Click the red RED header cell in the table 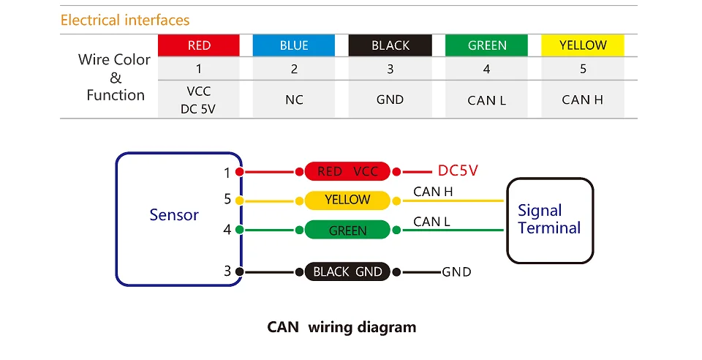tap(199, 45)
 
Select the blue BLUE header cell tap(294, 45)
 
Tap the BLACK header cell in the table tap(390, 45)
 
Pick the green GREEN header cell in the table tap(487, 45)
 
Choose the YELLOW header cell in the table tap(583, 45)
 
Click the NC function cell tap(294, 100)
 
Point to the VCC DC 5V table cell tap(199, 100)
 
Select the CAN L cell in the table tap(487, 100)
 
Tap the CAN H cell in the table tap(583, 100)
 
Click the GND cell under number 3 tap(390, 100)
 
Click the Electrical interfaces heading tap(125, 20)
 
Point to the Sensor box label tap(174, 215)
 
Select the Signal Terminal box tap(549, 220)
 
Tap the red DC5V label tap(458, 171)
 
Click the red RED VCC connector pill tap(348, 172)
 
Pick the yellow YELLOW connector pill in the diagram tap(348, 200)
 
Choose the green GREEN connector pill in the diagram tap(348, 230)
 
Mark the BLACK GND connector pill tap(348, 271)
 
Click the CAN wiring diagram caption tap(341, 326)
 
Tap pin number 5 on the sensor tap(227, 199)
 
